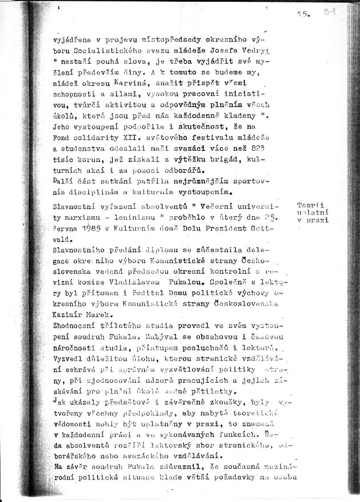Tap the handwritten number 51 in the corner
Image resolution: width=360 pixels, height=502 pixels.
329,13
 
